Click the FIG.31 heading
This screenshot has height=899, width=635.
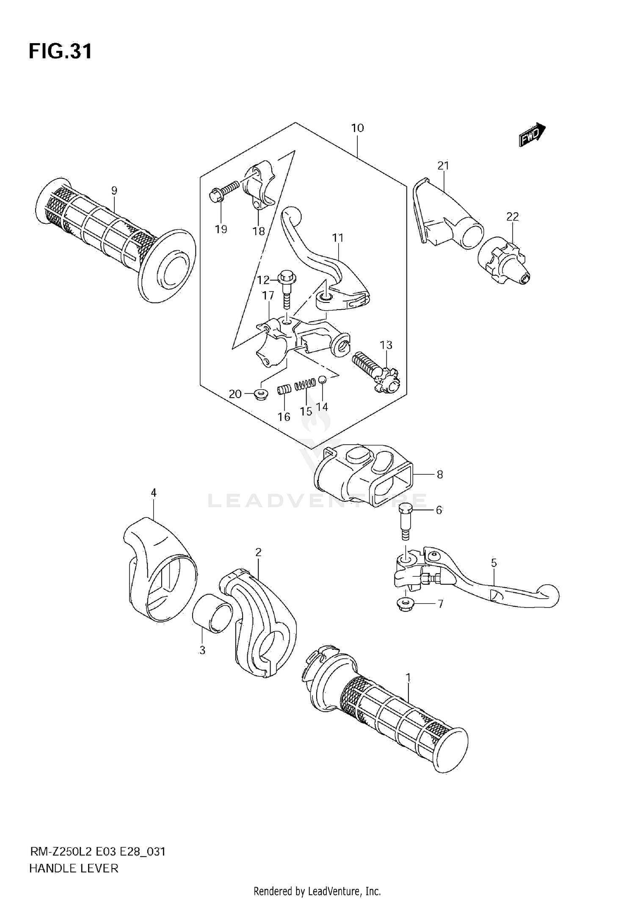tap(60, 52)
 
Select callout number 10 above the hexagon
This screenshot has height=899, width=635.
tap(357, 128)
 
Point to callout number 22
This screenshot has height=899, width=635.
tap(512, 217)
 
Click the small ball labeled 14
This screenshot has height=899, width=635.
tap(322, 379)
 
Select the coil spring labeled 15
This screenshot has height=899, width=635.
tap(306, 384)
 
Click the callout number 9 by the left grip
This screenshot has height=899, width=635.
tap(114, 191)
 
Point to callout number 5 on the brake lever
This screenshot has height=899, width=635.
tap(494, 563)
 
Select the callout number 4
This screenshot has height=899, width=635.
tap(154, 492)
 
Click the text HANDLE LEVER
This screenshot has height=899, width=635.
tap(74, 869)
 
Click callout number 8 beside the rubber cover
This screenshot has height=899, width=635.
tap(439, 475)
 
